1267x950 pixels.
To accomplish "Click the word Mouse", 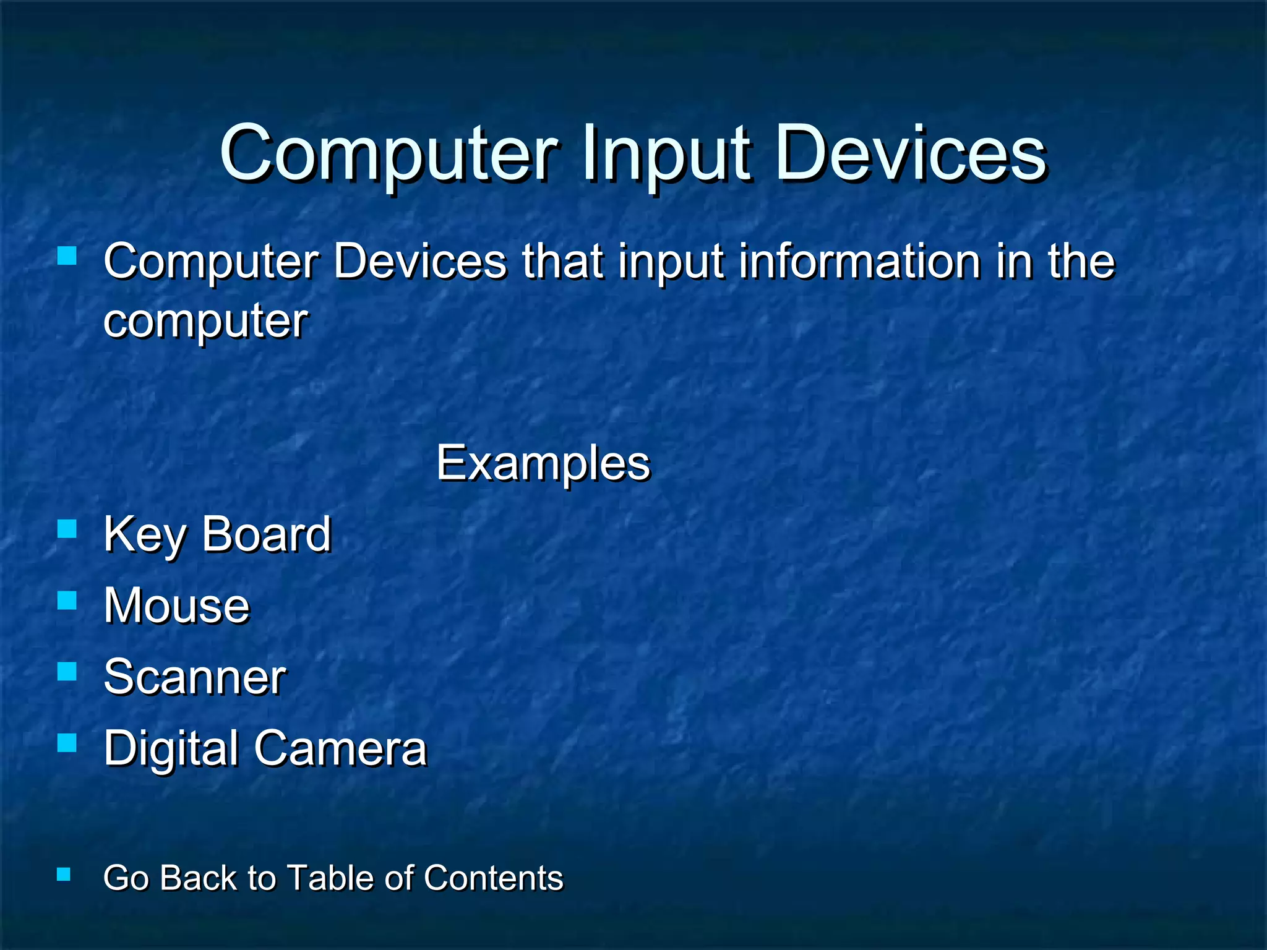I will pyautogui.click(x=177, y=606).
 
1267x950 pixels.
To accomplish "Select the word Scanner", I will pyautogui.click(x=195, y=677).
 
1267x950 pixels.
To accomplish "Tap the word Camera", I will pyautogui.click(x=340, y=748).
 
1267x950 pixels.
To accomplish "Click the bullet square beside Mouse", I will pyautogui.click(x=67, y=600).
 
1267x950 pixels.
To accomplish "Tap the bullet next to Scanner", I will pyautogui.click(x=67, y=671).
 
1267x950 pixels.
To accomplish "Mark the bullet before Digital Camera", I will pyautogui.click(x=67, y=742).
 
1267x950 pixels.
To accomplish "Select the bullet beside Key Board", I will pyautogui.click(x=67, y=529).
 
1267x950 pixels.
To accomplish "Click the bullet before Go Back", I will pyautogui.click(x=63, y=874).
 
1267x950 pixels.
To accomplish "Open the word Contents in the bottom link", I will pyautogui.click(x=494, y=878).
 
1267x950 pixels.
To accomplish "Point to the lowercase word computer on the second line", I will pyautogui.click(x=205, y=322).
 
